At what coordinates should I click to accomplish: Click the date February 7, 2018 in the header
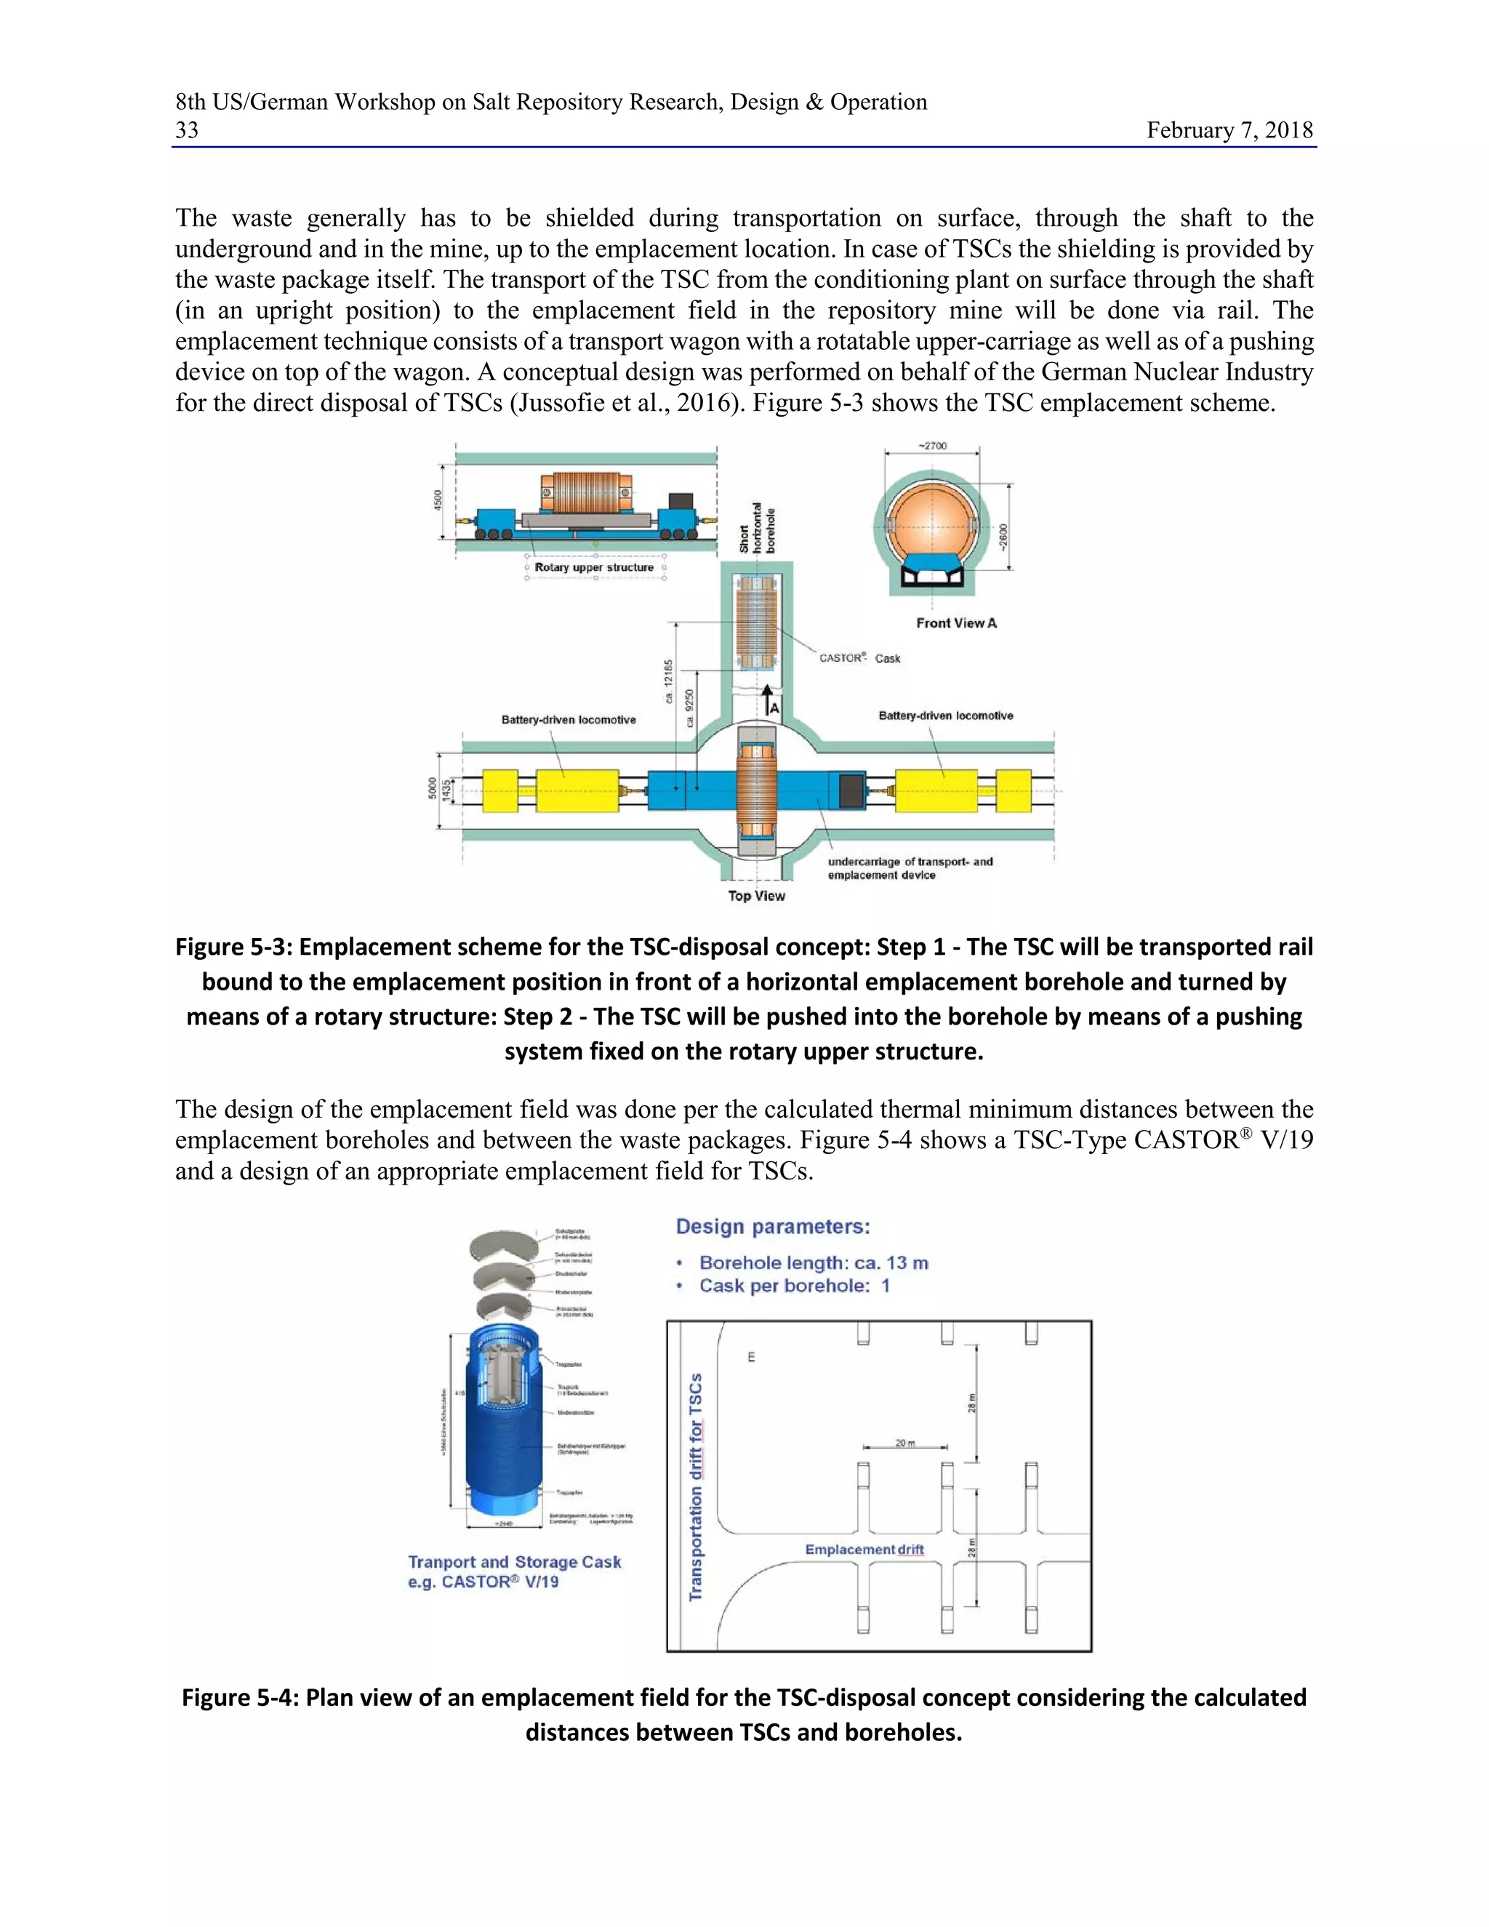click(1229, 131)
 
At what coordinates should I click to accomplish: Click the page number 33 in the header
click(187, 131)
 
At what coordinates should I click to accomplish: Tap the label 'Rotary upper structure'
click(594, 567)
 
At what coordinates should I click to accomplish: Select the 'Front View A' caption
click(956, 623)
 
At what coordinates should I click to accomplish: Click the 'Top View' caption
click(756, 896)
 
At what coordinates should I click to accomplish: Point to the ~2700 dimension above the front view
click(931, 446)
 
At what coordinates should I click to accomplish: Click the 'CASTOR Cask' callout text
click(859, 658)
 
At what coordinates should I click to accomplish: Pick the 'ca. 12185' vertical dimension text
click(669, 681)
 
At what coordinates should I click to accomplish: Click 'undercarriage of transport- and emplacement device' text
click(909, 868)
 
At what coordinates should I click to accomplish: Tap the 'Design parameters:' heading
click(773, 1227)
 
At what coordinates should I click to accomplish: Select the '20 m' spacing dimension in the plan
click(905, 1443)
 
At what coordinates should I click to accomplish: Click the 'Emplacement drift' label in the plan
click(864, 1550)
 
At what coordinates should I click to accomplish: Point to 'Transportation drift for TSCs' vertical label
click(696, 1487)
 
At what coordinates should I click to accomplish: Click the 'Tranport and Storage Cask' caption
click(514, 1562)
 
